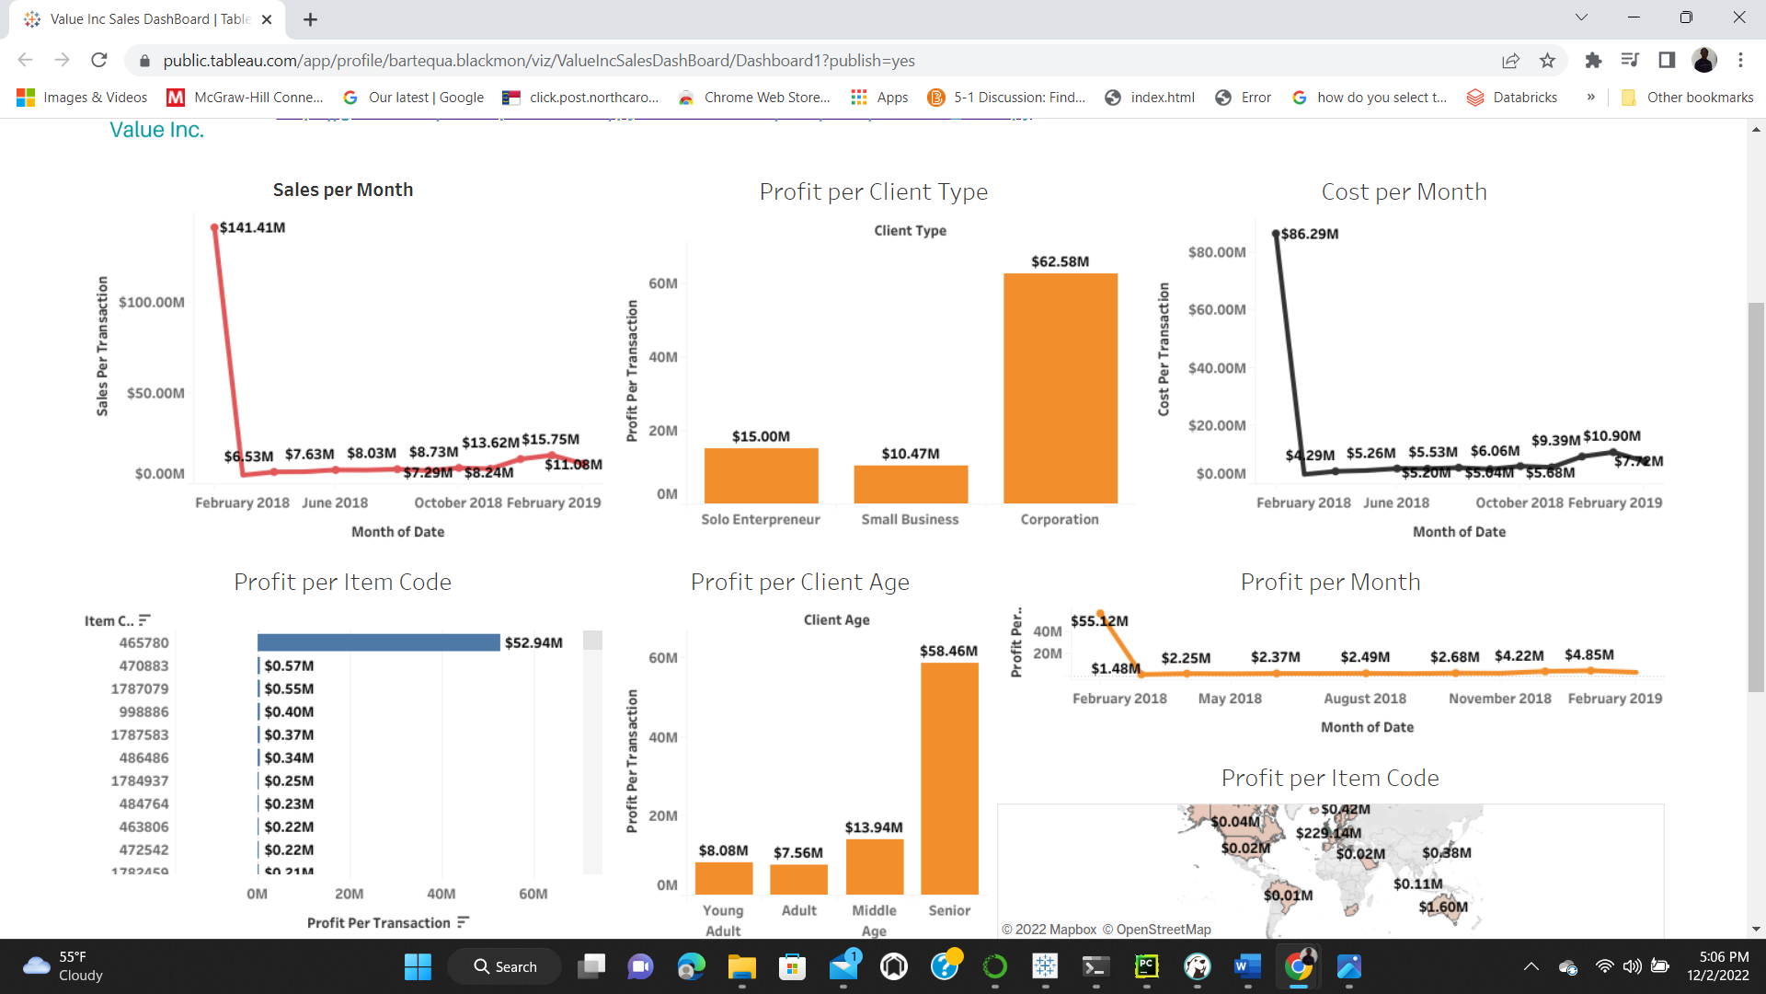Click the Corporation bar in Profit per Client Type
[1060, 387]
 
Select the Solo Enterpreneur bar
[761, 475]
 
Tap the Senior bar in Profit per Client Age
[949, 778]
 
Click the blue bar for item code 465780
[378, 642]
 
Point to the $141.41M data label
[252, 227]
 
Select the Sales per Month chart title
[342, 190]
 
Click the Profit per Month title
[1330, 582]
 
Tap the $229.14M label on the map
[1328, 833]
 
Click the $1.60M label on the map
[1442, 907]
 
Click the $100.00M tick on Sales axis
[152, 302]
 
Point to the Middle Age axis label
[874, 919]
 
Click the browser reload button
[99, 60]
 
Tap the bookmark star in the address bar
[1547, 60]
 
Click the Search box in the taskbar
[505, 966]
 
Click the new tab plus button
[311, 19]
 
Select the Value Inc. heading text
[156, 130]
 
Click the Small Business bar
[911, 484]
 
